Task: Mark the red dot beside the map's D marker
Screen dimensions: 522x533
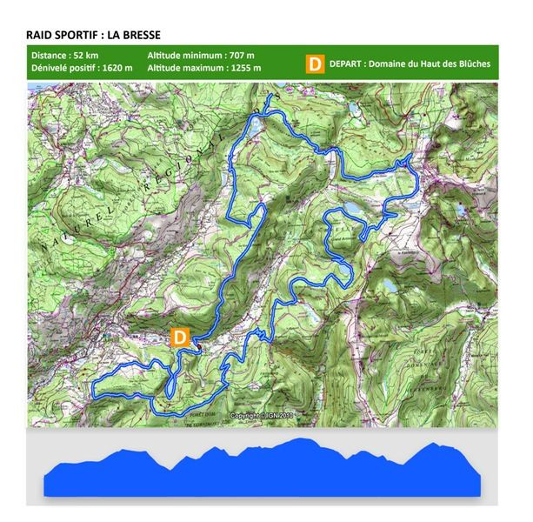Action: click(197, 349)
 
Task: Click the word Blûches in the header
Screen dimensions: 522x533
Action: click(470, 64)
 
